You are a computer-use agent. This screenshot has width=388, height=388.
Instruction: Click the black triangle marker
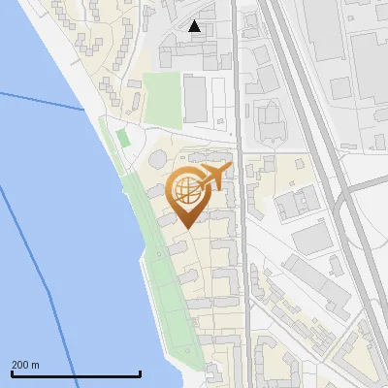(195, 26)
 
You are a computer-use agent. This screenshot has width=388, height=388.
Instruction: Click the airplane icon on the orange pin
(213, 177)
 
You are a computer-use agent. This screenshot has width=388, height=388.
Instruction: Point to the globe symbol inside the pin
(186, 189)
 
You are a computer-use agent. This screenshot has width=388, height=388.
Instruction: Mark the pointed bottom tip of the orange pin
(188, 227)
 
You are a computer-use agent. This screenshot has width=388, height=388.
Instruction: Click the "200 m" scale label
(26, 365)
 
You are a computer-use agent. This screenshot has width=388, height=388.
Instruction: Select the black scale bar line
(76, 373)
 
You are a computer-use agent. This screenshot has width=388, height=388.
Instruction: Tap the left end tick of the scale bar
(12, 373)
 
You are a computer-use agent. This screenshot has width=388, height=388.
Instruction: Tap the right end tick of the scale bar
(141, 373)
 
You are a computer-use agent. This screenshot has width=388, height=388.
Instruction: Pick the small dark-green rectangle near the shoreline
(122, 138)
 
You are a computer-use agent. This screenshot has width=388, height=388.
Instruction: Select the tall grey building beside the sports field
(196, 99)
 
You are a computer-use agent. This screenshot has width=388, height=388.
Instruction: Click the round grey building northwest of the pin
(157, 159)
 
